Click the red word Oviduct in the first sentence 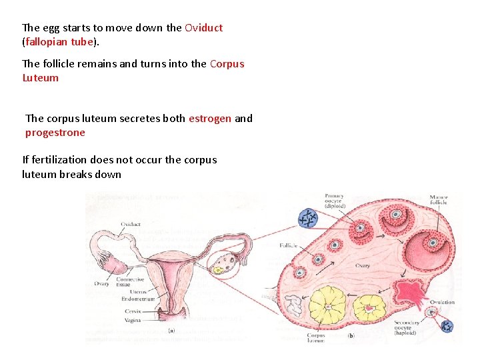pyautogui.click(x=203, y=28)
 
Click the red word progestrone pyautogui.click(x=55, y=133)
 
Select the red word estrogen pyautogui.click(x=210, y=119)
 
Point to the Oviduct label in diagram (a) pyautogui.click(x=131, y=225)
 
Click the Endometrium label pyautogui.click(x=139, y=299)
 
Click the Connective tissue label pyautogui.click(x=131, y=283)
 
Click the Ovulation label pyautogui.click(x=442, y=302)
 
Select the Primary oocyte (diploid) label pyautogui.click(x=335, y=201)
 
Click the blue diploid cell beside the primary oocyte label pyautogui.click(x=308, y=218)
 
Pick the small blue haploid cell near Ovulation pyautogui.click(x=447, y=326)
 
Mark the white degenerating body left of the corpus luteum pyautogui.click(x=293, y=306)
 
